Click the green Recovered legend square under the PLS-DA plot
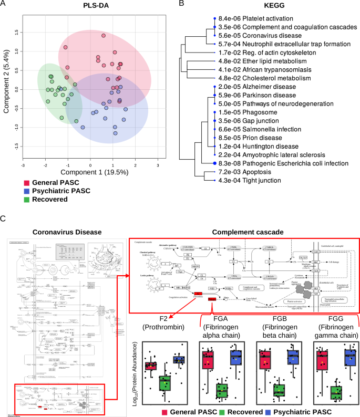pos(26,200)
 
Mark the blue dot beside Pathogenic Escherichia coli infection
pos(214,163)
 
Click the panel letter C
pos(4,218)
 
